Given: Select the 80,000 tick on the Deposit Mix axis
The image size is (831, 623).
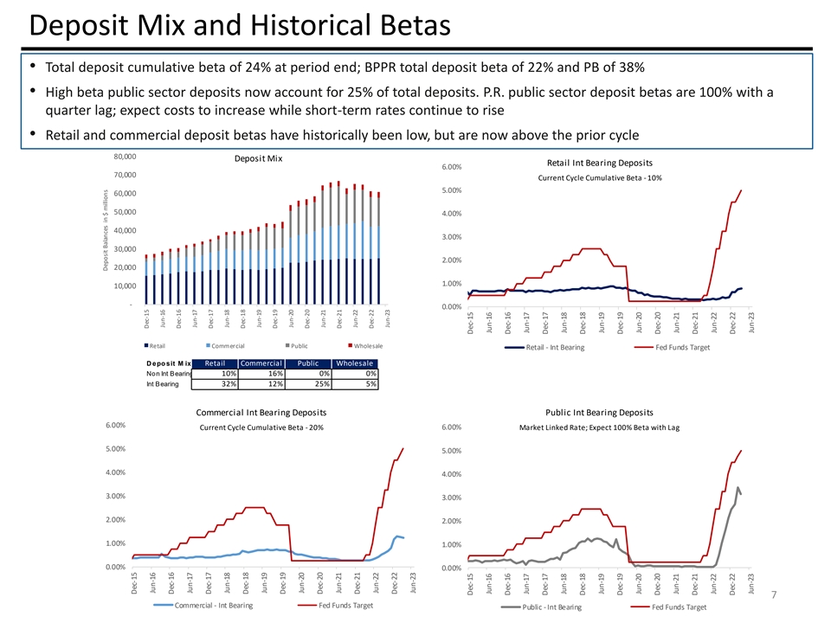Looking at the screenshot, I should (126, 157).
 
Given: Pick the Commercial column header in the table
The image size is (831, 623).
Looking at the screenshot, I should (261, 363).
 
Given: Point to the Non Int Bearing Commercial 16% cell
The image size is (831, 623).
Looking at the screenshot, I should (261, 373).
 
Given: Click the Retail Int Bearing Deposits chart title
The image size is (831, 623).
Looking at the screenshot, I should (600, 163).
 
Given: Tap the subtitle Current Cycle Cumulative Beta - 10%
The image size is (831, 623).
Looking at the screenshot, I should (600, 177).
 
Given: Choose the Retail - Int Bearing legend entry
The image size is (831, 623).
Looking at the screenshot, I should (555, 347).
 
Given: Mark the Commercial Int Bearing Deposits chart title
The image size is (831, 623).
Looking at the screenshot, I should (261, 412).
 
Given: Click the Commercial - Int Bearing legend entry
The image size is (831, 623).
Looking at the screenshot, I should (214, 605).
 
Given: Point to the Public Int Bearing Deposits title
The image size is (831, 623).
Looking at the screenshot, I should (600, 412).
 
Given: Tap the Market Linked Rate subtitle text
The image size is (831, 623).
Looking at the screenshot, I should (599, 427).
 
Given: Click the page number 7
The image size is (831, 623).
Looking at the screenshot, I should (773, 594).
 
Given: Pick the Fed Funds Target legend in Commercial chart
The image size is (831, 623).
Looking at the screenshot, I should (346, 605).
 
